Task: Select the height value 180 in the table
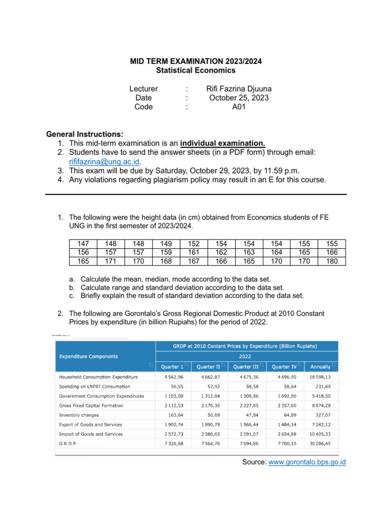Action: pos(332,261)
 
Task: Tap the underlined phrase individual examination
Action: pos(223,142)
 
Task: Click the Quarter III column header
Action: pos(245,366)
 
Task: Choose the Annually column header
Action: pos(320,366)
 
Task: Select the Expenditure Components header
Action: pos(88,356)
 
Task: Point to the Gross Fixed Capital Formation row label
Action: pos(91,406)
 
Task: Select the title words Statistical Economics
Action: pos(195,70)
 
